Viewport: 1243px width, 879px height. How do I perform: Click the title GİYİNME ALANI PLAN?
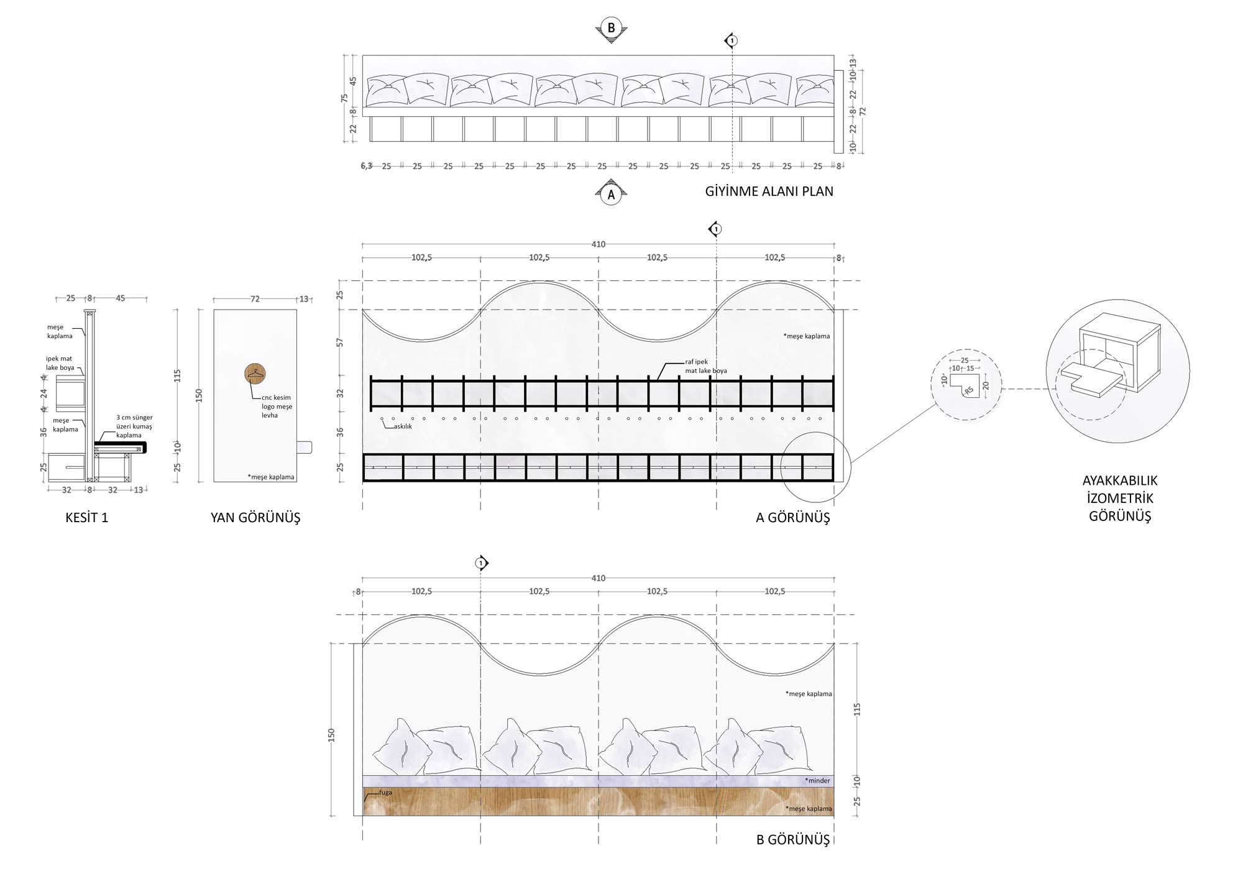769,191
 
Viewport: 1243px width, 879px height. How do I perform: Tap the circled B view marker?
611,28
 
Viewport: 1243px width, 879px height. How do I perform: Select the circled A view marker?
611,195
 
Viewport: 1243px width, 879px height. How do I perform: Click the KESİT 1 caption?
87,518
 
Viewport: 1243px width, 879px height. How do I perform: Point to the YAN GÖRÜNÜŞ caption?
255,518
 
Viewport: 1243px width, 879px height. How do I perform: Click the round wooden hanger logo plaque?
255,374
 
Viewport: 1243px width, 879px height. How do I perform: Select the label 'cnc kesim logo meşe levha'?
277,407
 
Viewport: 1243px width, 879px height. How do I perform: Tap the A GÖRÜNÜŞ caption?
792,518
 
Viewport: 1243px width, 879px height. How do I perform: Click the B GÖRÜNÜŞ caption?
793,840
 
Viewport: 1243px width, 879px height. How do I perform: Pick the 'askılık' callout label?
403,426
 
